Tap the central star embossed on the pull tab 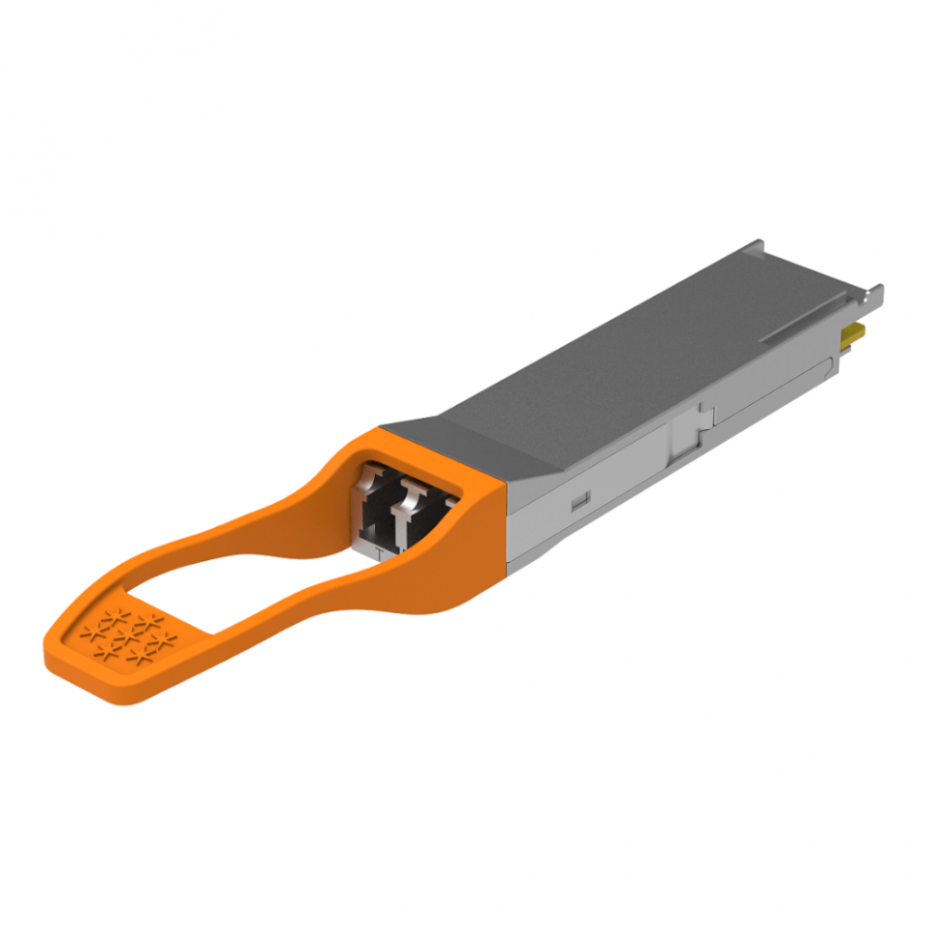[x=124, y=639]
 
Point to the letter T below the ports [x=379, y=552]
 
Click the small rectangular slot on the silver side [x=579, y=502]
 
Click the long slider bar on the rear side [x=771, y=395]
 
